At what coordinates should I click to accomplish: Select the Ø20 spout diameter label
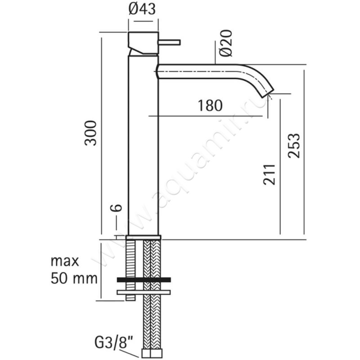pyautogui.click(x=225, y=43)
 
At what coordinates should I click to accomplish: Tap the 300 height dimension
pyautogui.click(x=91, y=133)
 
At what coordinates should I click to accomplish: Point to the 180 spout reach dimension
pyautogui.click(x=210, y=105)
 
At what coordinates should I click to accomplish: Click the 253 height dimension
pyautogui.click(x=294, y=145)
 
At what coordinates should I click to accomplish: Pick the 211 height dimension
pyautogui.click(x=269, y=175)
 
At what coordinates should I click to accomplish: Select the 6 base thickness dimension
pyautogui.click(x=116, y=208)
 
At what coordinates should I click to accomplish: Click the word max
pyautogui.click(x=65, y=261)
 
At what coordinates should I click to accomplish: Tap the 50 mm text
pyautogui.click(x=74, y=279)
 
